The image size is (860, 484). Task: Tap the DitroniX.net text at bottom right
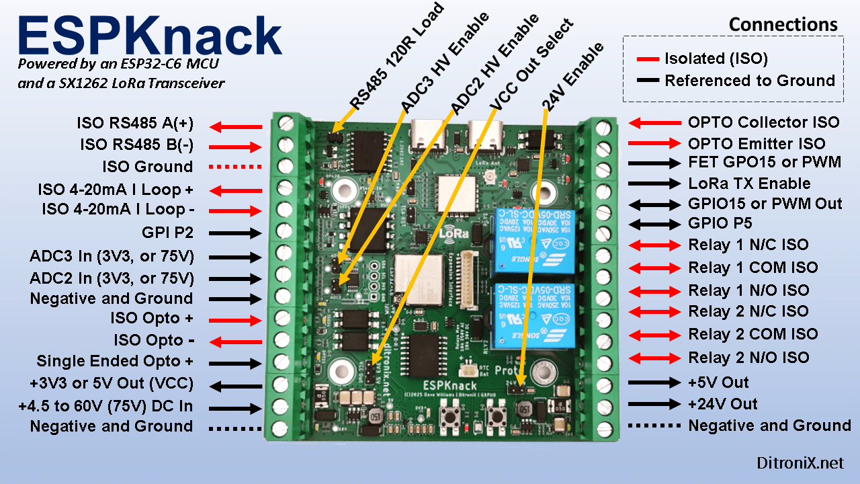pos(800,463)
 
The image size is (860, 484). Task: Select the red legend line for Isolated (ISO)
pos(647,59)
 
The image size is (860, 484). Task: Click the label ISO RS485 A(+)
pos(135,124)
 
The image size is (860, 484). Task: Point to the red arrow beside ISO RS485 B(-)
pos(235,146)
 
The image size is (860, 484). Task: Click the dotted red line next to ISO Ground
pos(235,167)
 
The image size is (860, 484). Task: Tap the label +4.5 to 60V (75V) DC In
pos(106,406)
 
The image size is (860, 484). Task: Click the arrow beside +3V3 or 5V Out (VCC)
pos(235,386)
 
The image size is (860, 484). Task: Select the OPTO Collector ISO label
pos(763,122)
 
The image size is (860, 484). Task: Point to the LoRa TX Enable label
pos(749,184)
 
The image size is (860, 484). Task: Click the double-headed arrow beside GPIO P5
pos(654,224)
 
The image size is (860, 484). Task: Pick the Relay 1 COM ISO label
pos(752,268)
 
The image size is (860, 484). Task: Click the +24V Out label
pos(722,404)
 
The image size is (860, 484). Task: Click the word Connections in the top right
pos(783,25)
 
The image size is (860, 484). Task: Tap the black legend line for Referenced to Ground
pos(647,81)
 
